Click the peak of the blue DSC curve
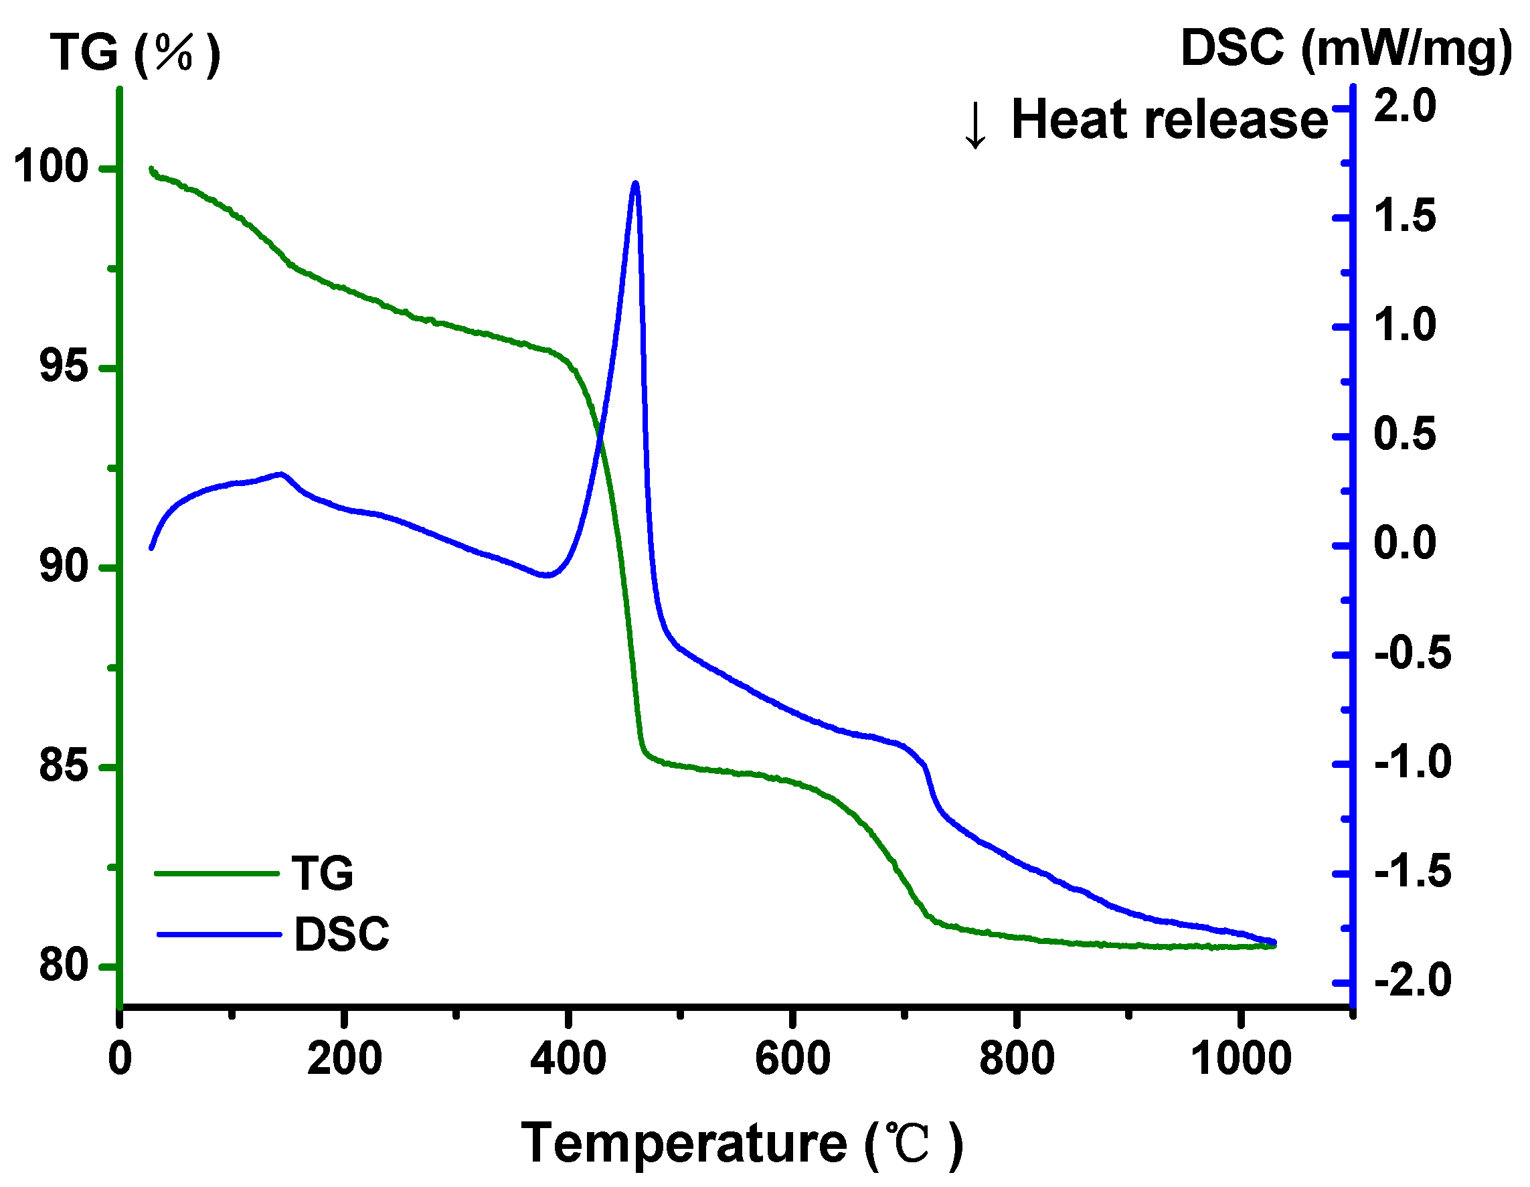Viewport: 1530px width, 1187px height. pyautogui.click(x=635, y=184)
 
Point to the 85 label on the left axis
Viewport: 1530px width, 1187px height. pyautogui.click(x=63, y=765)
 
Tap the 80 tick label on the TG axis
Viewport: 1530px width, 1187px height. pyautogui.click(x=63, y=965)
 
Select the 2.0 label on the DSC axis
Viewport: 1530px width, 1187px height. pyautogui.click(x=1405, y=106)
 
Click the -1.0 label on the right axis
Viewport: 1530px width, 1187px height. pyautogui.click(x=1412, y=763)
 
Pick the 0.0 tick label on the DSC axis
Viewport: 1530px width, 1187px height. pyautogui.click(x=1405, y=543)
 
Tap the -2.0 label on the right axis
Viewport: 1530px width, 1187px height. pyautogui.click(x=1412, y=980)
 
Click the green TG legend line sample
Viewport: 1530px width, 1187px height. pyautogui.click(x=216, y=873)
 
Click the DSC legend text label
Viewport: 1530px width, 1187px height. pyautogui.click(x=341, y=934)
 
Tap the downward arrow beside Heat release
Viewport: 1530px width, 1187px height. pyautogui.click(x=975, y=125)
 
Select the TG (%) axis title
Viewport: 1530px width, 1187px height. pyautogui.click(x=135, y=52)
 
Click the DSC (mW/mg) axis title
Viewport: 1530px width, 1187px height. pyautogui.click(x=1346, y=49)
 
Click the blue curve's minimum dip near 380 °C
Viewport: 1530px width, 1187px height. pyautogui.click(x=547, y=575)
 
